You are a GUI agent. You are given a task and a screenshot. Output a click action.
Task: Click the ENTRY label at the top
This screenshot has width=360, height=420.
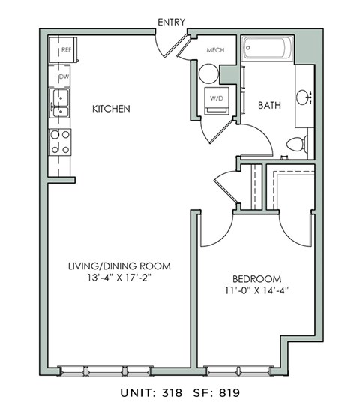pos(171,22)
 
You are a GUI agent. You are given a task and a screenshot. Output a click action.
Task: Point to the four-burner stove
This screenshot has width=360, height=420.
pos(59,141)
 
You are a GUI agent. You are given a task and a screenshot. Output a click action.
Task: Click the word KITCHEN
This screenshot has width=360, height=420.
pos(111,109)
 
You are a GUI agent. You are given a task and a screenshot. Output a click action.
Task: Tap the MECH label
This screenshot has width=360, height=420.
pos(215,51)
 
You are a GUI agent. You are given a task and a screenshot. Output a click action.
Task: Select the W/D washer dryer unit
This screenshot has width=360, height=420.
pos(216,99)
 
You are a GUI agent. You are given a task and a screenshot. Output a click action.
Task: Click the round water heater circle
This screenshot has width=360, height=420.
pos(208,73)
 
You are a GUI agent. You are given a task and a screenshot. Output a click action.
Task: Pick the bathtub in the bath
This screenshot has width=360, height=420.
pos(267,50)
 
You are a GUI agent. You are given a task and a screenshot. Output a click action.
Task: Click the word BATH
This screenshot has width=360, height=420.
pos(270,106)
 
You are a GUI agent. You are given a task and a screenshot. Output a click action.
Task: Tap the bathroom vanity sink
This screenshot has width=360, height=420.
pos(304,97)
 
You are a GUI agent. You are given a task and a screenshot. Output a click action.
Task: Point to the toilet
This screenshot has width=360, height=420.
pos(298,144)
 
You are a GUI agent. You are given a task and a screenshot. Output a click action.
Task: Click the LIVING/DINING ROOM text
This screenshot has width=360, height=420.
pos(119,266)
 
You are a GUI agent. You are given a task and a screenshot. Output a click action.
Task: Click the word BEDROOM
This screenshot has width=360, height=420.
pos(256,277)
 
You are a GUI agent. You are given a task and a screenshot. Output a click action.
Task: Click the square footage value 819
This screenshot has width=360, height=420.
pos(228,391)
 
